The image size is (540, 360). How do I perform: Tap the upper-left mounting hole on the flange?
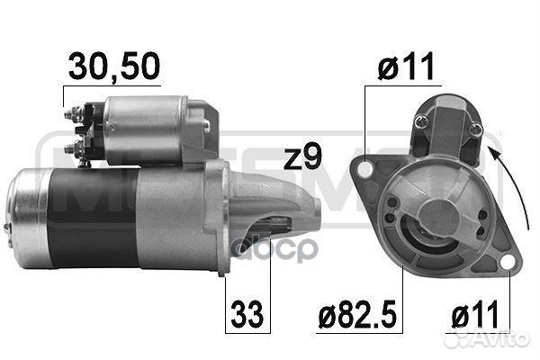[364, 170]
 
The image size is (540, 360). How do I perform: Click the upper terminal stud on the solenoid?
[75, 114]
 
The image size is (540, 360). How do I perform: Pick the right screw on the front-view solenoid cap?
[475, 131]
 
